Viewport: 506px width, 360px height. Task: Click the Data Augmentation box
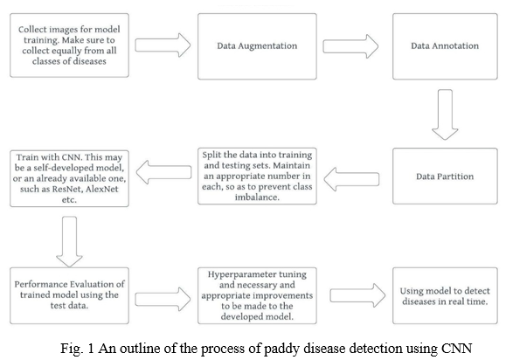(257, 46)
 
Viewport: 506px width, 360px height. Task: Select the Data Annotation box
(445, 46)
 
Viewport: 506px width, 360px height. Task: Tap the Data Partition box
(445, 177)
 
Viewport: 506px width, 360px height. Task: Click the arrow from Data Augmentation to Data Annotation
(350, 46)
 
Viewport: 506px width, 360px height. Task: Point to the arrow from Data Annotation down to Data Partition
(445, 114)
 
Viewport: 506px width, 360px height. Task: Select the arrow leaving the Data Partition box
(351, 179)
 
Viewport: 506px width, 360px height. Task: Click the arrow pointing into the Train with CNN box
(163, 172)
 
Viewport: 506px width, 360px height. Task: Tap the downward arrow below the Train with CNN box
(69, 242)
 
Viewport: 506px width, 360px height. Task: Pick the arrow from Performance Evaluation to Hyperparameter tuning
(163, 299)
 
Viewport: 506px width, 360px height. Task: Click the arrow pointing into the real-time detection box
(357, 295)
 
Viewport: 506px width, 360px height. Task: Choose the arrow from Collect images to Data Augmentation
(163, 45)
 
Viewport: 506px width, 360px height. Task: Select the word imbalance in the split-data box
(257, 197)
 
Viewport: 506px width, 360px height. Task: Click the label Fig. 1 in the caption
(77, 349)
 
